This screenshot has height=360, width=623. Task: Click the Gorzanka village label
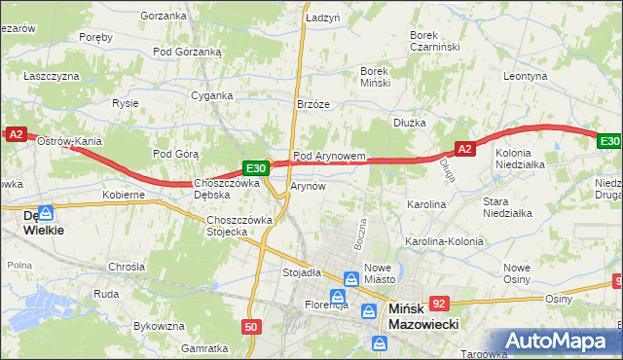[x=163, y=16]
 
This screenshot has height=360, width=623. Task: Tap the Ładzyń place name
[x=322, y=18]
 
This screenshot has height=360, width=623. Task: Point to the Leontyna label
[x=527, y=75]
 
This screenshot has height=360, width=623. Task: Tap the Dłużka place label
[x=411, y=123]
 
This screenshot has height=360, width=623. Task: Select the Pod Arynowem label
[x=329, y=156]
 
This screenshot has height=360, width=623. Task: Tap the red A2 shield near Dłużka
[x=464, y=149]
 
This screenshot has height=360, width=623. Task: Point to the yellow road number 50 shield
[x=251, y=327]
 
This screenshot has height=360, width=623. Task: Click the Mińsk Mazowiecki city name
[x=423, y=317]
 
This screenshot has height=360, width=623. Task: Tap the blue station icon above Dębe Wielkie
[x=47, y=211]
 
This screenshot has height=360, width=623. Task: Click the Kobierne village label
[x=124, y=195]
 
